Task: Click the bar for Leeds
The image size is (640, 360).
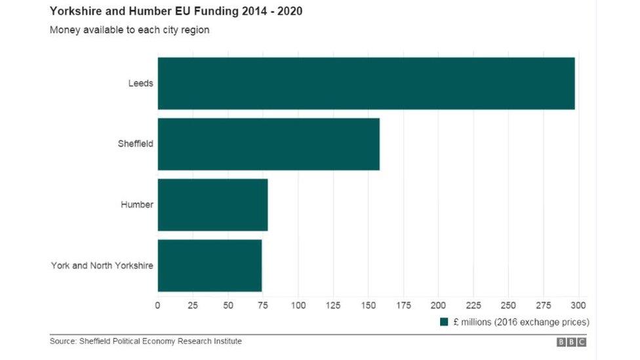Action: click(x=366, y=83)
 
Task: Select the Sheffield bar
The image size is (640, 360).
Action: click(x=268, y=144)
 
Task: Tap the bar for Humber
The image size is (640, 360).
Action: click(x=212, y=205)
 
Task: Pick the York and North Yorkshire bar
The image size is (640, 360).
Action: click(x=209, y=266)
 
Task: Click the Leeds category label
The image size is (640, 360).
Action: click(x=141, y=83)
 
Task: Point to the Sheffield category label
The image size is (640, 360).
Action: click(x=135, y=144)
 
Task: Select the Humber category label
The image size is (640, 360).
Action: click(x=137, y=205)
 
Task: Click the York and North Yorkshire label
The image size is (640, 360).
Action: click(x=102, y=266)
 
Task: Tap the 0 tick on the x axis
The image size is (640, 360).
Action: click(x=157, y=305)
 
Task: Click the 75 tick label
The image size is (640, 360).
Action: click(x=263, y=305)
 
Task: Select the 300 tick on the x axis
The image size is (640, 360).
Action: click(x=578, y=305)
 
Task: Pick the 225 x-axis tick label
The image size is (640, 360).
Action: click(x=473, y=305)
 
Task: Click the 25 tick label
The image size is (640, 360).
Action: click(x=193, y=305)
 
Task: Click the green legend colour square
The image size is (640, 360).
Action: click(x=443, y=322)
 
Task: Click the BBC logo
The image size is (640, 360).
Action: click(x=571, y=342)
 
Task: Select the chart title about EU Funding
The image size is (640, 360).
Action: click(x=176, y=12)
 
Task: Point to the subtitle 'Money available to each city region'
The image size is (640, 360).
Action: click(x=129, y=30)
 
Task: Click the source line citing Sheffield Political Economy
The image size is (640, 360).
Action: click(x=146, y=341)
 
